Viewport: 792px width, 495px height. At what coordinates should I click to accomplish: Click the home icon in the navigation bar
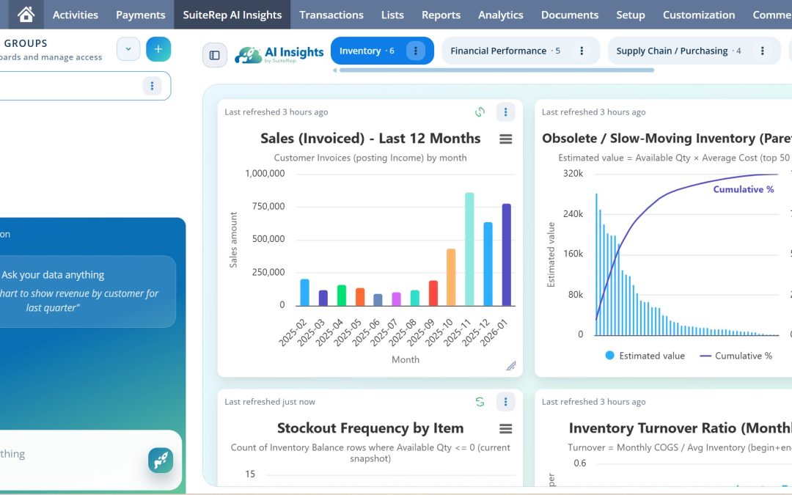click(x=26, y=15)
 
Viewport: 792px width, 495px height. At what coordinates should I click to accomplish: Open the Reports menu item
click(x=441, y=15)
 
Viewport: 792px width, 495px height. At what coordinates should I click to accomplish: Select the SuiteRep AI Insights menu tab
click(x=232, y=15)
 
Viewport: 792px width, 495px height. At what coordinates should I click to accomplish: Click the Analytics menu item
click(x=500, y=15)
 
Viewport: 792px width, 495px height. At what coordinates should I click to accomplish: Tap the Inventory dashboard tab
click(x=366, y=51)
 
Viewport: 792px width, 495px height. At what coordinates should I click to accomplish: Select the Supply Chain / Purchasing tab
click(x=672, y=51)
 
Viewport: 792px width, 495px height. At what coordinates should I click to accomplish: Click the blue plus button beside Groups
click(x=158, y=49)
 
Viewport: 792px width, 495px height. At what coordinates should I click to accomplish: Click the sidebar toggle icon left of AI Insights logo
click(x=215, y=55)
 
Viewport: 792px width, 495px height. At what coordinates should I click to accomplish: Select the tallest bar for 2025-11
click(x=469, y=249)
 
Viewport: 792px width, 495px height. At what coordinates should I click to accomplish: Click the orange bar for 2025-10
click(x=451, y=277)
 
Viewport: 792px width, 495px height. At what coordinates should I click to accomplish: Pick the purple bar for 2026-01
click(x=506, y=254)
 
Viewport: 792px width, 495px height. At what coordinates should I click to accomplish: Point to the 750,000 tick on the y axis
click(x=267, y=206)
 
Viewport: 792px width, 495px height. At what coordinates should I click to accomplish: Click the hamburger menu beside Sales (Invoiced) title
click(x=505, y=139)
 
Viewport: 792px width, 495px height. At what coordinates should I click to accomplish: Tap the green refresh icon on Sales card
click(x=480, y=112)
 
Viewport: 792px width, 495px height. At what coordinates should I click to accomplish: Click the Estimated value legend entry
click(x=645, y=356)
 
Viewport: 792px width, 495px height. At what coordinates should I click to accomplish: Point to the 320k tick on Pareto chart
click(x=573, y=174)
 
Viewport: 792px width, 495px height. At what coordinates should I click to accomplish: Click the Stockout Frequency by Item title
click(x=370, y=428)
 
